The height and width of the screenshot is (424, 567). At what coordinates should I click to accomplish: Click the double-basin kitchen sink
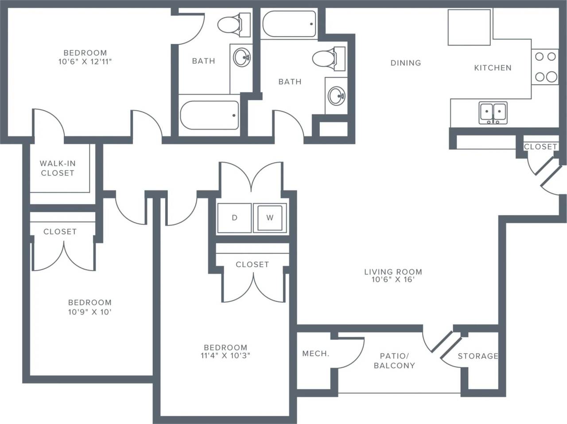(x=493, y=113)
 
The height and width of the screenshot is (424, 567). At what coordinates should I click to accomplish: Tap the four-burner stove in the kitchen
(x=546, y=67)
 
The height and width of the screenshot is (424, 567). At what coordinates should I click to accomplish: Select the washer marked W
(x=270, y=218)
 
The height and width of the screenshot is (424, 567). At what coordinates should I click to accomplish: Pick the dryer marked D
(x=234, y=218)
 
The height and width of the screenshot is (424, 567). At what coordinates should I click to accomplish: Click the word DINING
(x=405, y=63)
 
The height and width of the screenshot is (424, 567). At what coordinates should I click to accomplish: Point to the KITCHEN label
(x=493, y=68)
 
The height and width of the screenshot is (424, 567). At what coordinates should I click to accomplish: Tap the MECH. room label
(x=315, y=354)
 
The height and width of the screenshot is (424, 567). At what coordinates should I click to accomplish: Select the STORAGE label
(x=478, y=356)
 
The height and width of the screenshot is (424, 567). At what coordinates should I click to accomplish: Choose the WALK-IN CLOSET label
(x=58, y=168)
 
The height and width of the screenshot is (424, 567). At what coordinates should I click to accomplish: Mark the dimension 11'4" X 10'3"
(x=225, y=355)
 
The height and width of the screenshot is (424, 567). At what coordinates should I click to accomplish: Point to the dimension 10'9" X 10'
(x=89, y=311)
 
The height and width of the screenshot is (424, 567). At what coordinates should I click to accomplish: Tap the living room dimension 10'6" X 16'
(x=393, y=280)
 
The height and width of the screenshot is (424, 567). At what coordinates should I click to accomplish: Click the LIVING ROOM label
(x=393, y=272)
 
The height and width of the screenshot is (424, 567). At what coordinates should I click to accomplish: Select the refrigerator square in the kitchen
(x=469, y=27)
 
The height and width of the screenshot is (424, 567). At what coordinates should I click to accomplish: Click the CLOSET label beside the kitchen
(x=540, y=147)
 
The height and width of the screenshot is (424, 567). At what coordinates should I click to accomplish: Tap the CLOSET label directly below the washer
(x=252, y=265)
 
